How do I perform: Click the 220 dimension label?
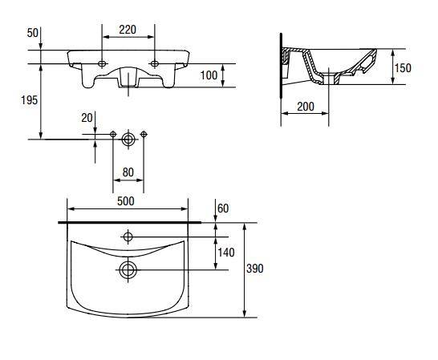click(x=128, y=30)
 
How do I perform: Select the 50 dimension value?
click(x=32, y=33)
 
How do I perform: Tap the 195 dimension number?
click(x=30, y=100)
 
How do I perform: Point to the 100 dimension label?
click(x=209, y=75)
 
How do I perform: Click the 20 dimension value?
click(x=87, y=118)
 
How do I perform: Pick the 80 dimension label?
click(x=128, y=172)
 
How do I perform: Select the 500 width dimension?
click(x=126, y=201)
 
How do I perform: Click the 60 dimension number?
click(x=223, y=208)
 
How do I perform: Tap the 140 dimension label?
click(x=226, y=253)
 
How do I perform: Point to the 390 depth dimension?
click(x=255, y=269)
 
